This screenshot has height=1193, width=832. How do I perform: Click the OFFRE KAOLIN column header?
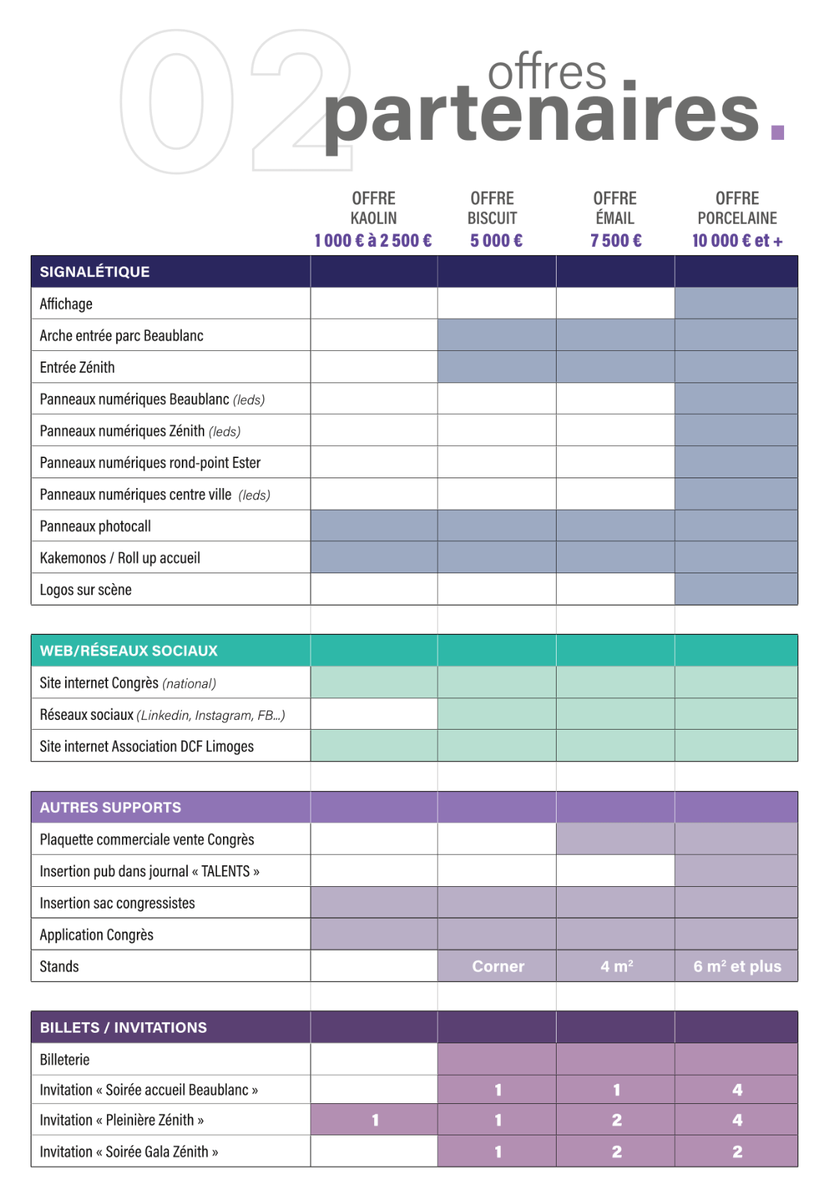click(x=373, y=208)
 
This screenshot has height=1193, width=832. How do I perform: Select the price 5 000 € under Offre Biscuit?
click(x=496, y=240)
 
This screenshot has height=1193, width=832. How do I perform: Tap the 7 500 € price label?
click(x=616, y=240)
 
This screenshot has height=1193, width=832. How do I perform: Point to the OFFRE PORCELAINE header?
click(x=737, y=208)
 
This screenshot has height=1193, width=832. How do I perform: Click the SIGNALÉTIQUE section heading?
click(x=95, y=272)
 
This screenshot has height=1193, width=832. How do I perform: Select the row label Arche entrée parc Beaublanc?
click(x=121, y=335)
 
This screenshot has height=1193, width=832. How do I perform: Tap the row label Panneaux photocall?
click(x=95, y=526)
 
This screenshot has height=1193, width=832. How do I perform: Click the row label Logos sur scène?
click(x=85, y=590)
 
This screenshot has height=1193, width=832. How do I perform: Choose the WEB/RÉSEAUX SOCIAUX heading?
click(x=129, y=650)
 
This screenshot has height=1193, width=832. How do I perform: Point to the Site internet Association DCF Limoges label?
click(x=147, y=746)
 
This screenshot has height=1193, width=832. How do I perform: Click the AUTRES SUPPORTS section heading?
click(x=111, y=808)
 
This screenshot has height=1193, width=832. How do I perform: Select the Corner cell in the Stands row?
click(x=498, y=966)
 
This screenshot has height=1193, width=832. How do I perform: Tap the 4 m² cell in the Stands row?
click(x=617, y=966)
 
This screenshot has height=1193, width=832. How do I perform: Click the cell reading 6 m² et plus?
click(x=737, y=966)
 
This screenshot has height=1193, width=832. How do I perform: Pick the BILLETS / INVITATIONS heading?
click(x=123, y=1028)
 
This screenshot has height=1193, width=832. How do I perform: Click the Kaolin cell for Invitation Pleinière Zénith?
click(x=375, y=1120)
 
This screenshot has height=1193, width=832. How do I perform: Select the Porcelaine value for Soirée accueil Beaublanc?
click(x=737, y=1090)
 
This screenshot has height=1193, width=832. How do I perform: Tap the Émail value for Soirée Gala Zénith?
click(x=617, y=1152)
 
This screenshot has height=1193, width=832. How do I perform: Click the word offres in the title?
click(x=547, y=73)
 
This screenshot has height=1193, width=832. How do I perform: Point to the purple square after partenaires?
click(x=777, y=132)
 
